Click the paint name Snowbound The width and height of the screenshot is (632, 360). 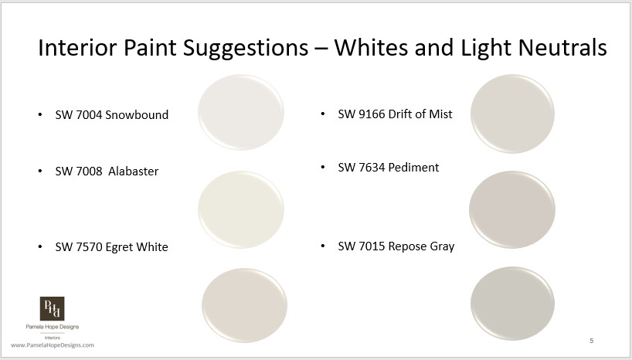137,115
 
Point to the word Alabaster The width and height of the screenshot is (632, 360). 132,171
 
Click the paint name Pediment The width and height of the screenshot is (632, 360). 413,167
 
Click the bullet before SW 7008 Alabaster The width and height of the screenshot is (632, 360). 40,171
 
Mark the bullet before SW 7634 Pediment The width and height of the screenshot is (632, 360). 323,168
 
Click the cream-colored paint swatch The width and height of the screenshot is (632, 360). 241,209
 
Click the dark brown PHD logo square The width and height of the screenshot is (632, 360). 52,309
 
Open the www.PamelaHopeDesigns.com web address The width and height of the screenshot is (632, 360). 53,345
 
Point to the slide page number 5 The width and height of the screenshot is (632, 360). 591,341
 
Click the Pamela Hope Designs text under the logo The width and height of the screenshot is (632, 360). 52,328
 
